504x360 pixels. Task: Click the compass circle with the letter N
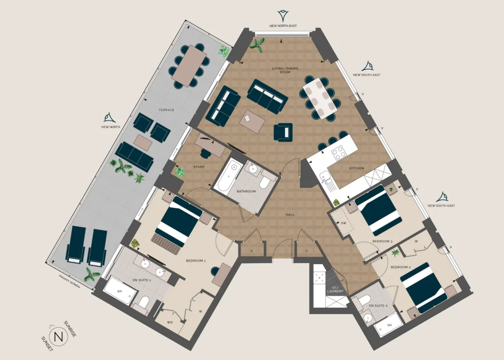[58, 337]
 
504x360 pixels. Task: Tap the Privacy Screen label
[69, 282]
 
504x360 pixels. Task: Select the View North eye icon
[110, 118]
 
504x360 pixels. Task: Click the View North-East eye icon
[283, 16]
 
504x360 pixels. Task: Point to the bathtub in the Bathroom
[228, 175]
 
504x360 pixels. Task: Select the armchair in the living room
[283, 132]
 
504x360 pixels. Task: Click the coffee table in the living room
[252, 121]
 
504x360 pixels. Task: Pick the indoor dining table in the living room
[319, 98]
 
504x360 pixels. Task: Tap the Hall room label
[290, 214]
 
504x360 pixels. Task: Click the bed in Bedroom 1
[179, 222]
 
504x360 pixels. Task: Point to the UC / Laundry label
[335, 289]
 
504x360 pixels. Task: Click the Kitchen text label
[356, 168]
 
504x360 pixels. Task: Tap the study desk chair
[205, 153]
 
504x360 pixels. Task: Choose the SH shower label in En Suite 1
[120, 291]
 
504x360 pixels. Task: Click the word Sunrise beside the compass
[70, 329]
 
